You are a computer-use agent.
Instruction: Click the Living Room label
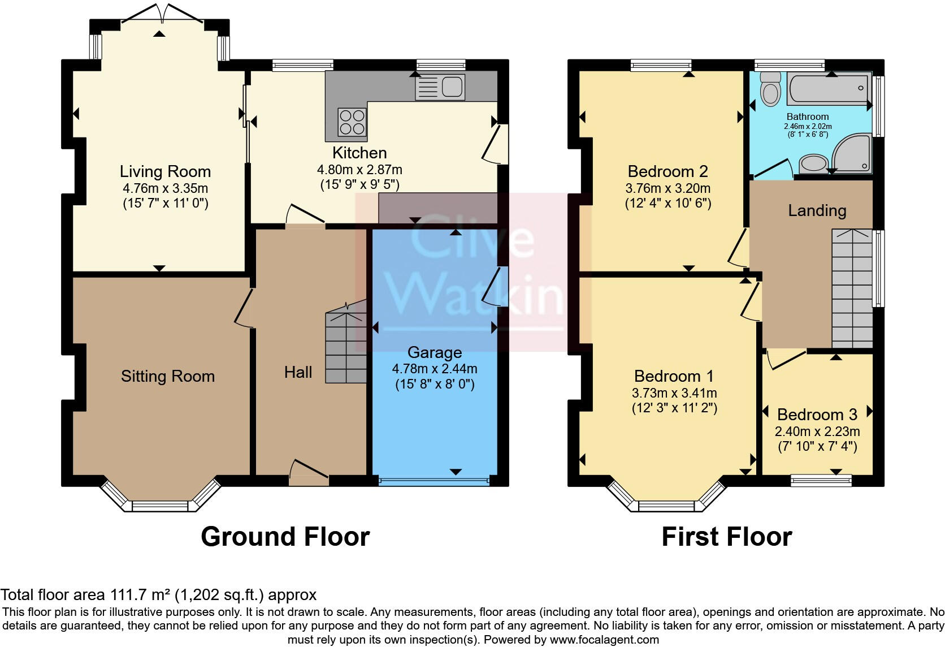pos(165,171)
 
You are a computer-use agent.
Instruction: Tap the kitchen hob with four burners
pos(352,122)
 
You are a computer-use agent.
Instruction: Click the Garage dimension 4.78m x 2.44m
pos(435,369)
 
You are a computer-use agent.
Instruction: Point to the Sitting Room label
pos(168,376)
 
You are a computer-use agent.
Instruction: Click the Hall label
pos(298,372)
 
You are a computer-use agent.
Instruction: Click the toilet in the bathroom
pos(770,90)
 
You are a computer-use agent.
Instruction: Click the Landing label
pos(817,210)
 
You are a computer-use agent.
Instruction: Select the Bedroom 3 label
pos(817,415)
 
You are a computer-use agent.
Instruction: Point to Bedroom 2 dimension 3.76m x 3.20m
pos(667,188)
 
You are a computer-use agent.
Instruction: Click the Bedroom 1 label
pos(674,376)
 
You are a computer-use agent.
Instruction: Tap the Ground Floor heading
pos(285,537)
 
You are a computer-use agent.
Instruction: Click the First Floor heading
pos(726,537)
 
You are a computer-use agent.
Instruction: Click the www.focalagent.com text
pos(604,640)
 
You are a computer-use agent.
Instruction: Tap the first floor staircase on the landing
pos(852,288)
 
